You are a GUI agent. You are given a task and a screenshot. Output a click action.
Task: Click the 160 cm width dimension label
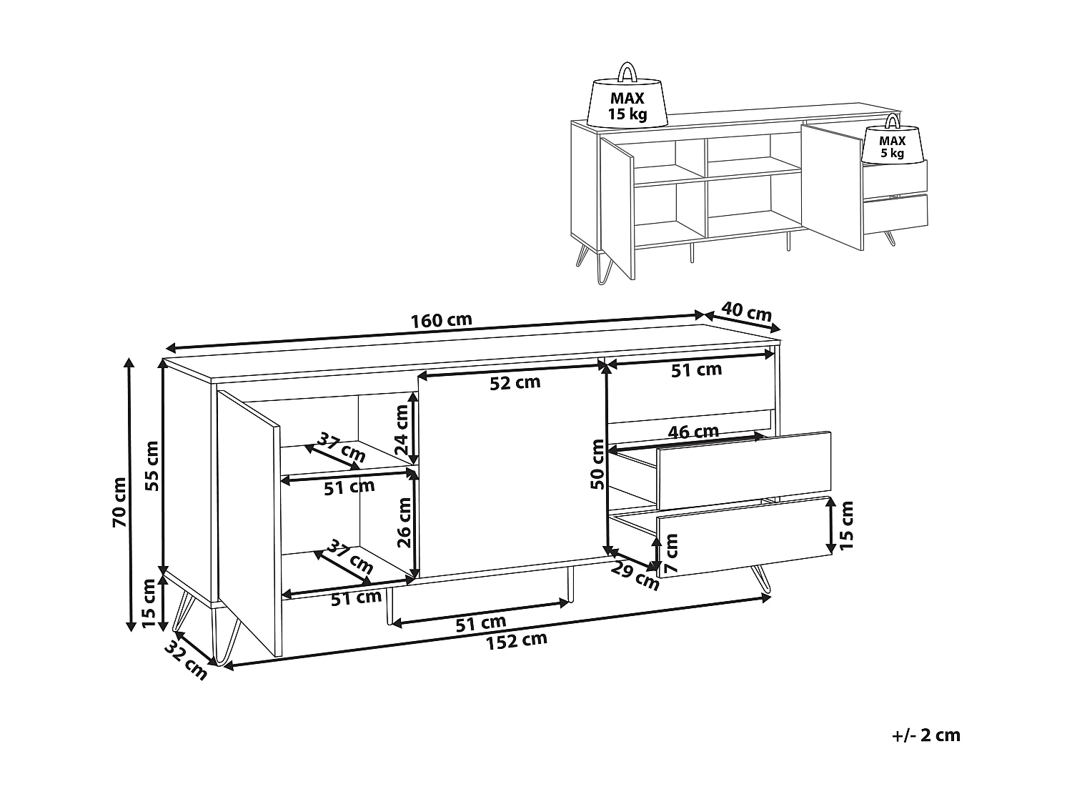442,320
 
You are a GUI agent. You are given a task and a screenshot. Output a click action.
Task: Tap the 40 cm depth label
747,312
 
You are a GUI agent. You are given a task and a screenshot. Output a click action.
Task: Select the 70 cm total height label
119,502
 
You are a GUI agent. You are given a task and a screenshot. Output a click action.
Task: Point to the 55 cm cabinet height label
152,466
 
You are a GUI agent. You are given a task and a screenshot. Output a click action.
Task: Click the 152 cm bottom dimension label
517,641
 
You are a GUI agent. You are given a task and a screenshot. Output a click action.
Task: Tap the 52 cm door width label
515,382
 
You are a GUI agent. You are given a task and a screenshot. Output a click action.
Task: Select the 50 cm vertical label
597,465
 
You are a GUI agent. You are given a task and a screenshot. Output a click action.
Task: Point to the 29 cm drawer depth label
635,576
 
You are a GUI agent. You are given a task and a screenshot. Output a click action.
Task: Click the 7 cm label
672,553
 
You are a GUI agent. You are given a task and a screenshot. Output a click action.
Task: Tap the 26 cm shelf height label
405,523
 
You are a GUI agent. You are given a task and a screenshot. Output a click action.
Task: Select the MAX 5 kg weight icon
893,139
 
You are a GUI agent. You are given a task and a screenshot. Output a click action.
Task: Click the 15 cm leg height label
148,604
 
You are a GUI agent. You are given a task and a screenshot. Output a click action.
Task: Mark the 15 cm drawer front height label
846,525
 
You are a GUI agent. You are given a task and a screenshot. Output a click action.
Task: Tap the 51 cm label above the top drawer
696,370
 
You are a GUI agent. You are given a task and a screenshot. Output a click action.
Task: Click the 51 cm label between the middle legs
481,623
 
